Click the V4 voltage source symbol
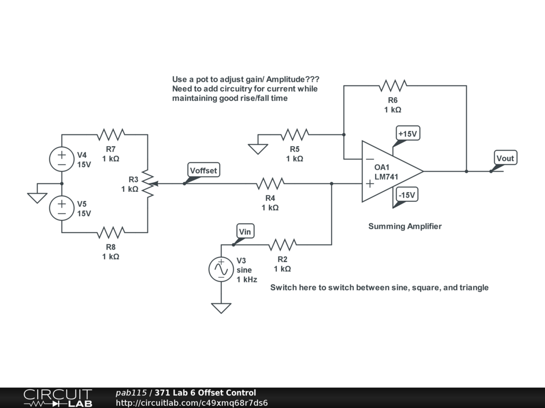[x=62, y=159]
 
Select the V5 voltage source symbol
[x=62, y=208]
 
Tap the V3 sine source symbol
[x=221, y=269]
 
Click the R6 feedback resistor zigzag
[x=393, y=85]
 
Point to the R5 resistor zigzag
[x=295, y=134]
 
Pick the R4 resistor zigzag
[x=270, y=184]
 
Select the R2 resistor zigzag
[x=282, y=244]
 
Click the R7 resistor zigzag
[x=111, y=134]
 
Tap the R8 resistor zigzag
[x=111, y=232]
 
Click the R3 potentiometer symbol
[x=147, y=184]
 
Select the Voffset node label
[x=204, y=171]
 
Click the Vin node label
[x=245, y=231]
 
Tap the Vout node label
[x=505, y=158]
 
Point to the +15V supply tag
[x=408, y=134]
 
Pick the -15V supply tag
[x=407, y=195]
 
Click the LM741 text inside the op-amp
[x=386, y=176]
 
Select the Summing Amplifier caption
[x=405, y=226]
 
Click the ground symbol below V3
[x=221, y=308]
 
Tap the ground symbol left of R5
[x=258, y=148]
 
